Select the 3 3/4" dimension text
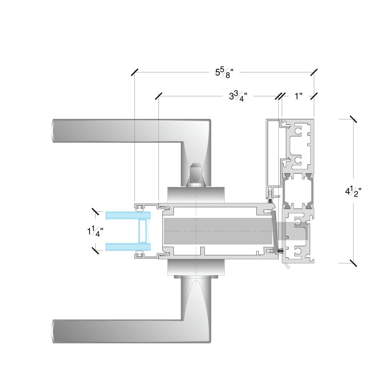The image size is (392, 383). pos(238,96)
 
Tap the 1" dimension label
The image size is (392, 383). pos(299,96)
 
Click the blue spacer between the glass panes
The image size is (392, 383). pos(142,231)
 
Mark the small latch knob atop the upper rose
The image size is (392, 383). pos(195,174)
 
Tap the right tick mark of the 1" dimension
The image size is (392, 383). pos(314,96)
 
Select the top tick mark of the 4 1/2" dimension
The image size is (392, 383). pos(353,119)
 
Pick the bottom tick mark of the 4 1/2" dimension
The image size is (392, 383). pos(353,263)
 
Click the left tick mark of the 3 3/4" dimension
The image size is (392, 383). pos(158,96)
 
